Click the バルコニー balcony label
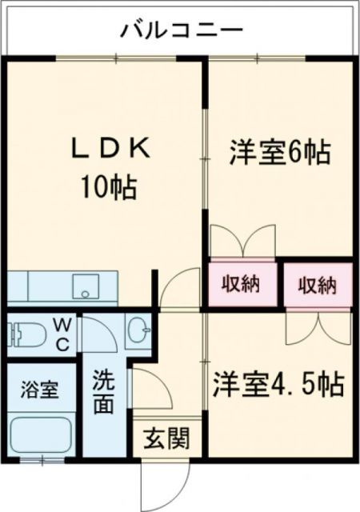coord(182,32)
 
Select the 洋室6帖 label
coord(279,152)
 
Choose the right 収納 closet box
coord(318,285)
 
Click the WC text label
coord(62,334)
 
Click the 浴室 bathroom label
coord(39,391)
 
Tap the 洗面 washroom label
coord(102,390)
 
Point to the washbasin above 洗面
coord(138,329)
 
